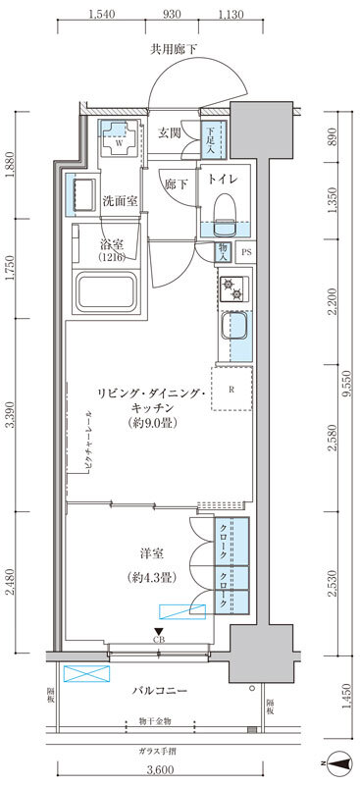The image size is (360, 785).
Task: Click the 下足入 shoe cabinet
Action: click(x=211, y=141)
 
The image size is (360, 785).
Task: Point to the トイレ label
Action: click(x=220, y=179)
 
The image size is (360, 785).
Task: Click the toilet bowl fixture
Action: click(x=224, y=209)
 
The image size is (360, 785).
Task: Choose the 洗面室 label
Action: click(x=121, y=201)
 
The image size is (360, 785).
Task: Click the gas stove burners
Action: click(x=233, y=288)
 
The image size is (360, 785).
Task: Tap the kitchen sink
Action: click(x=235, y=327)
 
